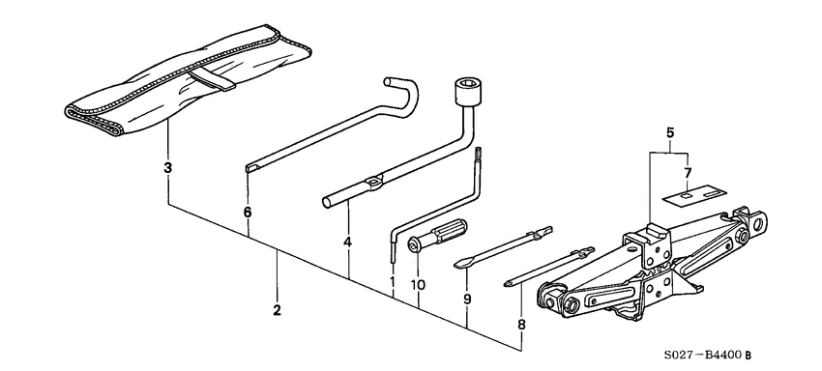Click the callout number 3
(x=167, y=168)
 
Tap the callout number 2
(x=277, y=310)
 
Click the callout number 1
(x=393, y=282)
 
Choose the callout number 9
(x=467, y=300)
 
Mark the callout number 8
(x=521, y=326)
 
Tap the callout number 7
(x=688, y=173)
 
